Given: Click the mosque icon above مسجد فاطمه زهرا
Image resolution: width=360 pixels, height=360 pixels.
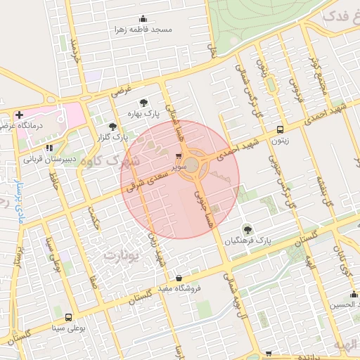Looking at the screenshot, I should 143,19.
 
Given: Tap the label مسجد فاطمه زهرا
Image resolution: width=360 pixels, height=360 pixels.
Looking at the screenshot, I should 143,31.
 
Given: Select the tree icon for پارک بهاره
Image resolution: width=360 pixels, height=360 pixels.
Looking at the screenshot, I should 145,103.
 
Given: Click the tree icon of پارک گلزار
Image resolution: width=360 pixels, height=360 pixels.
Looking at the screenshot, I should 113,127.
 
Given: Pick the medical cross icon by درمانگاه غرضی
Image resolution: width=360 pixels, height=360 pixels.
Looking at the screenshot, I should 19,115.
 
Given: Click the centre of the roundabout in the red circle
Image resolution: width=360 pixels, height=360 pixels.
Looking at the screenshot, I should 192,165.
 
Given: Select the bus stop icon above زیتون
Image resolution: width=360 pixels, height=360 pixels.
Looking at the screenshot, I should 281,130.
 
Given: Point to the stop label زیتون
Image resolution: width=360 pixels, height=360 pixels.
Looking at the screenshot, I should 281,141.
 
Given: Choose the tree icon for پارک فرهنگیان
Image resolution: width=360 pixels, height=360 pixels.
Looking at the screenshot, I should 247,229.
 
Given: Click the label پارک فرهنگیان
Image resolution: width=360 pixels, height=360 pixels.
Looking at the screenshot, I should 247,240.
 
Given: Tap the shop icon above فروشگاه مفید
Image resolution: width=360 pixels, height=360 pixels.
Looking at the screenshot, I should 179,278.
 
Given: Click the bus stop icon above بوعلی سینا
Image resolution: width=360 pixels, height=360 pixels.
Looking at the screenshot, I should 68,317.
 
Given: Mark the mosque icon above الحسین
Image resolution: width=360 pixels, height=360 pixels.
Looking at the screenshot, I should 353,293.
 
